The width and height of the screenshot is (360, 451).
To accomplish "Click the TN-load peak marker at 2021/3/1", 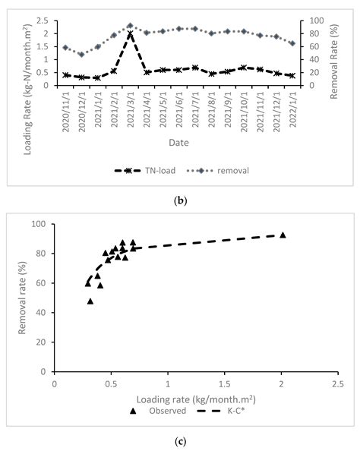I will [x=130, y=34].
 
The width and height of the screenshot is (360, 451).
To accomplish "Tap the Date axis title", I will [x=179, y=142].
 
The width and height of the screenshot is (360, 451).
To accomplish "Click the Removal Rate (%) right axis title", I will [x=336, y=53].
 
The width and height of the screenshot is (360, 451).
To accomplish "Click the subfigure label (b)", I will [x=179, y=200].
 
